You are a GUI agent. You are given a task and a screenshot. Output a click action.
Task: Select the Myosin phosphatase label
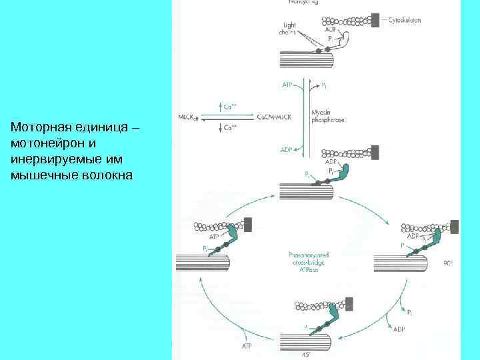pos(325,117)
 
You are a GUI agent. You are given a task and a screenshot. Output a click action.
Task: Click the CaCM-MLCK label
pos(273,117)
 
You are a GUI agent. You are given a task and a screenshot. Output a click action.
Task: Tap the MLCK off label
pos(188,117)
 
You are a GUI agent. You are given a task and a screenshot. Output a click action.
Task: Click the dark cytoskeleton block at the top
pos(375,19)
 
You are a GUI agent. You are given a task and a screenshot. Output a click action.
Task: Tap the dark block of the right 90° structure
pos(454,227)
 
